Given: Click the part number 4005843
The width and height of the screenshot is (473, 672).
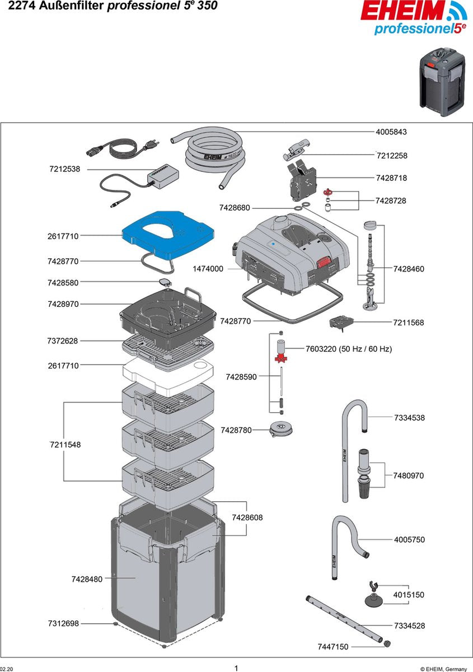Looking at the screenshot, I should click(x=391, y=132).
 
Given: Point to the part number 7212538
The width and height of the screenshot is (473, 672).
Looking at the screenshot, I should click(x=64, y=169).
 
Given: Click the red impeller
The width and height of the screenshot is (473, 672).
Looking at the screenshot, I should click(x=280, y=355).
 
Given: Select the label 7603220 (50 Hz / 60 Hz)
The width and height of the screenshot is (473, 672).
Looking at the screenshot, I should click(x=348, y=349).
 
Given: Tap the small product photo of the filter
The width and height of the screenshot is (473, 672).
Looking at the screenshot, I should click(x=443, y=82).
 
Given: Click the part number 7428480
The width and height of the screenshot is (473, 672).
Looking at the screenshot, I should click(x=87, y=579).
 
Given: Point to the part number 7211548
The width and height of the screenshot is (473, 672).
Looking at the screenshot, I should click(x=64, y=445).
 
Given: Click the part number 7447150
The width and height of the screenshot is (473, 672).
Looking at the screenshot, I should click(x=332, y=647).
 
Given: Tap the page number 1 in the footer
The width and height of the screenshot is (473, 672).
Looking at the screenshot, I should click(x=236, y=668).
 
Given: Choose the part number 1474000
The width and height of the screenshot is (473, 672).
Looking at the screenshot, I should click(x=208, y=269).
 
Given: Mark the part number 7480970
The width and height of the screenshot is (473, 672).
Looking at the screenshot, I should click(x=409, y=475).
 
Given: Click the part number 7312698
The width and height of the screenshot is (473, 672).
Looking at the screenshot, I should click(x=63, y=623).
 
